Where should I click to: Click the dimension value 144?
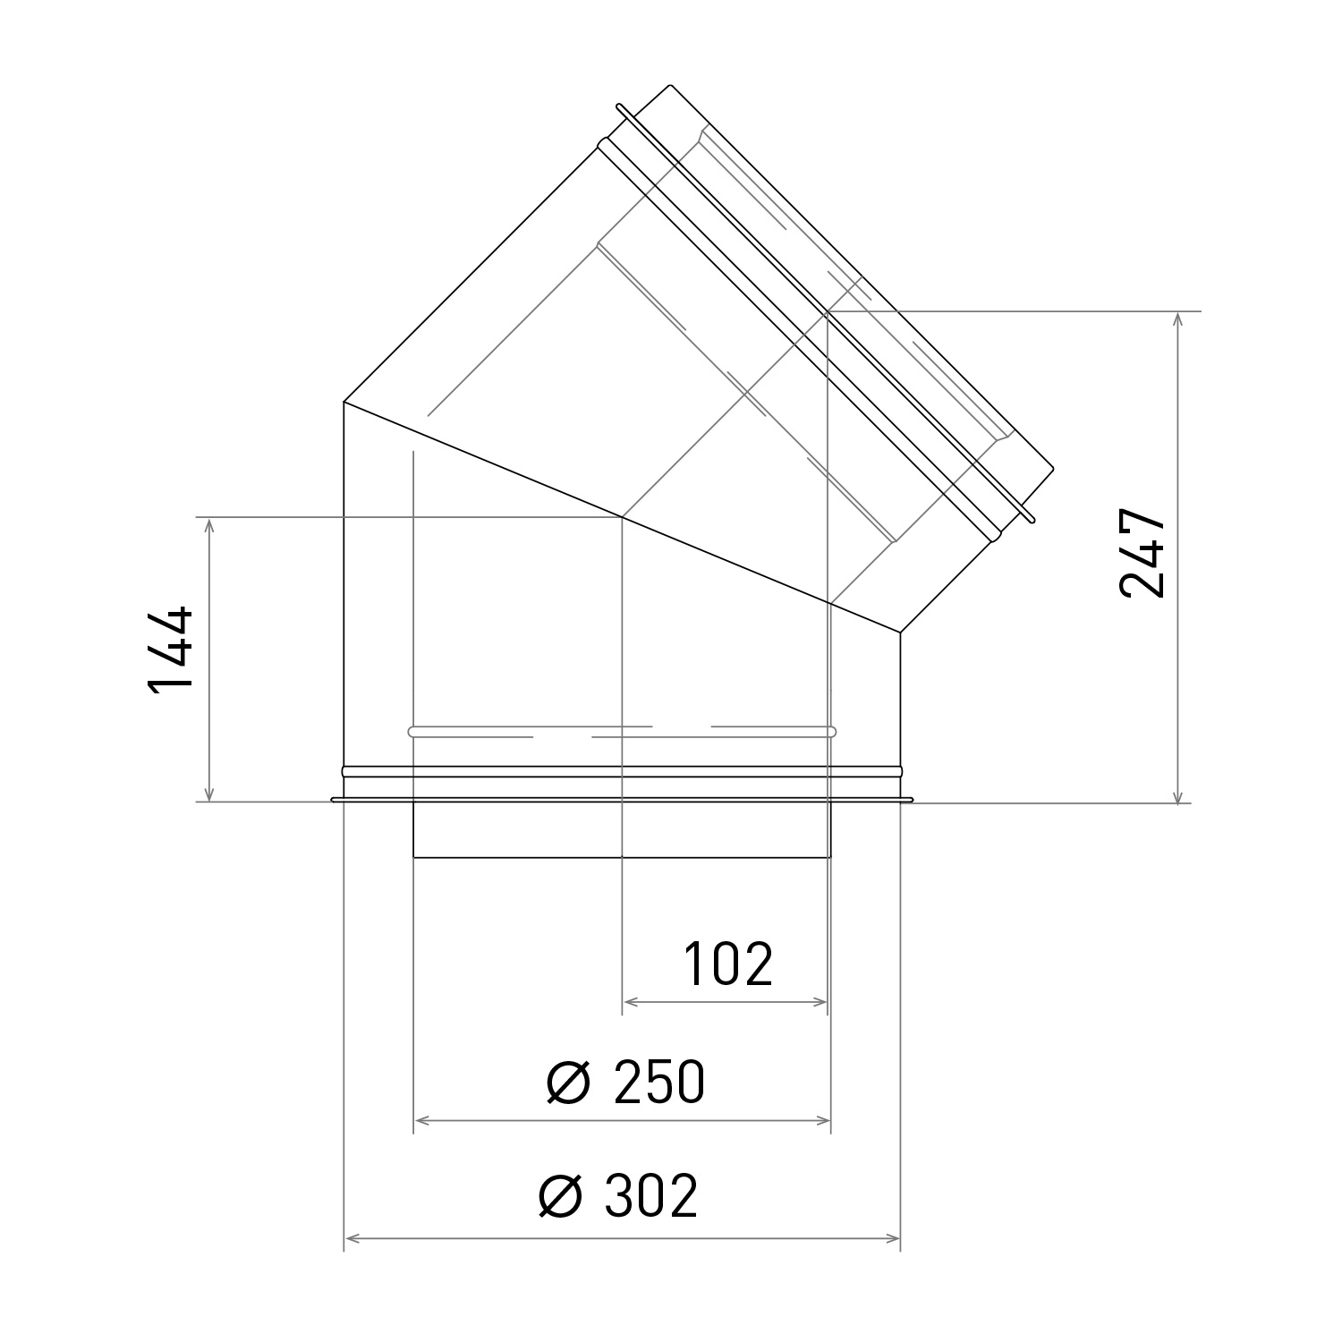pos(170,650)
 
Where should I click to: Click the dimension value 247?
pos(1142,554)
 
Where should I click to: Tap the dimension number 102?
pos(727,964)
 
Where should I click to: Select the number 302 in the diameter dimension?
pos(650,1196)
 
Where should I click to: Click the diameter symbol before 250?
pos(568,1083)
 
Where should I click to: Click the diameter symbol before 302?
pos(561,1197)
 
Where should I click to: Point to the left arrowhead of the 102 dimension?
pos(629,1002)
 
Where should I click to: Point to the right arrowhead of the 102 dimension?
pos(821,1002)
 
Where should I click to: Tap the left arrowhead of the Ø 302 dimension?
pos(352,1238)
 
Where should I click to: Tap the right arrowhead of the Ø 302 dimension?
pos(893,1238)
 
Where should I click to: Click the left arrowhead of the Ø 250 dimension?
pos(420,1120)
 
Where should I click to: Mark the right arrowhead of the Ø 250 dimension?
pos(824,1120)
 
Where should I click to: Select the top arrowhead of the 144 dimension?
pos(210,524)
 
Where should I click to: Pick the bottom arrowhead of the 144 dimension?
pos(210,794)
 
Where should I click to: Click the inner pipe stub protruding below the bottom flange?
pos(621,830)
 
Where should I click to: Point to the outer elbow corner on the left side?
pos(344,402)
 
